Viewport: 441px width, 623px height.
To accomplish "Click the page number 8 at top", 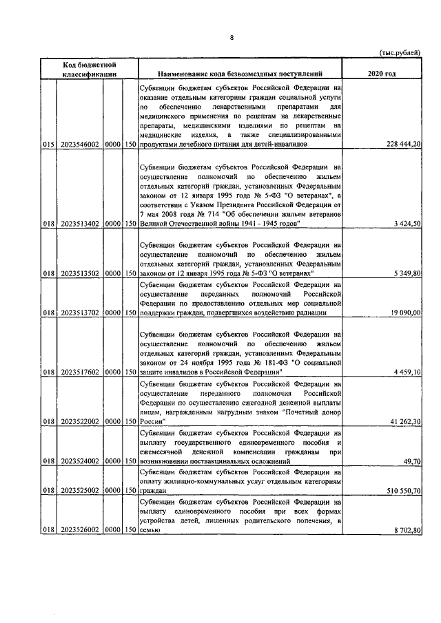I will [231, 38].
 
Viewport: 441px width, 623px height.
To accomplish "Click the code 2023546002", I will [79, 145].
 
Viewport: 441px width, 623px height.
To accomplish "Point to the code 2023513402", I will [79, 224].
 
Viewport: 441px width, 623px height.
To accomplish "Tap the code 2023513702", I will [79, 313].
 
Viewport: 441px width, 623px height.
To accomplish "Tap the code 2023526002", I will [79, 531].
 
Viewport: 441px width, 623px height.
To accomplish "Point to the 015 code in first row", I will [48, 145].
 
